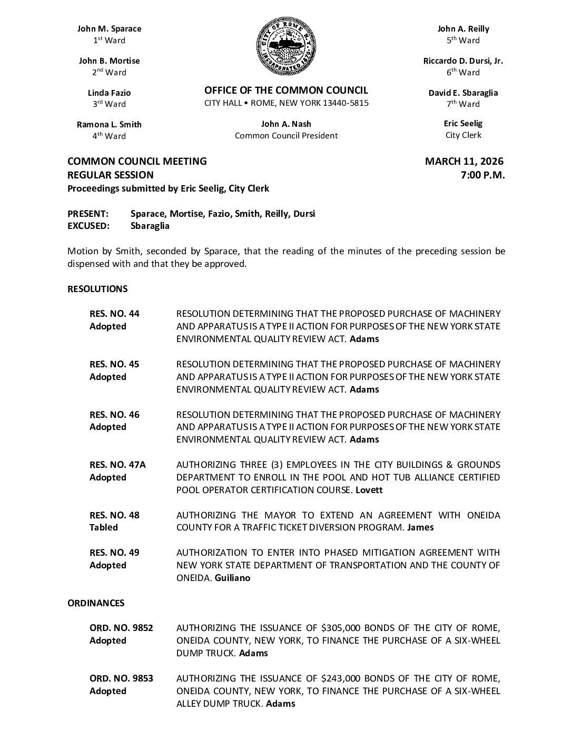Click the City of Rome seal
(x=286, y=47)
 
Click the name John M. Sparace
(x=110, y=29)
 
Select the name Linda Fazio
(x=110, y=93)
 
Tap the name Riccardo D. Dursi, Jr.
(x=463, y=61)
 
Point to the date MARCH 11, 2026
(x=464, y=162)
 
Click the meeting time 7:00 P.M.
(x=482, y=175)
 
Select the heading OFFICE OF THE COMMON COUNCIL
(x=286, y=91)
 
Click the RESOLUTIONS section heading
(x=97, y=289)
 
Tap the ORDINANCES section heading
(x=96, y=603)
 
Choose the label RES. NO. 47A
(x=117, y=465)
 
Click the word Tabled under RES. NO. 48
(x=104, y=527)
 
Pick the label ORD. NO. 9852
(x=121, y=628)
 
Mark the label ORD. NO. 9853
(x=121, y=678)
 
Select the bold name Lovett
(x=369, y=490)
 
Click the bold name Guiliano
(x=233, y=578)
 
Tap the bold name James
(x=420, y=527)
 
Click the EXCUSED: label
(x=88, y=226)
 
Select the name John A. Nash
(x=286, y=124)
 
